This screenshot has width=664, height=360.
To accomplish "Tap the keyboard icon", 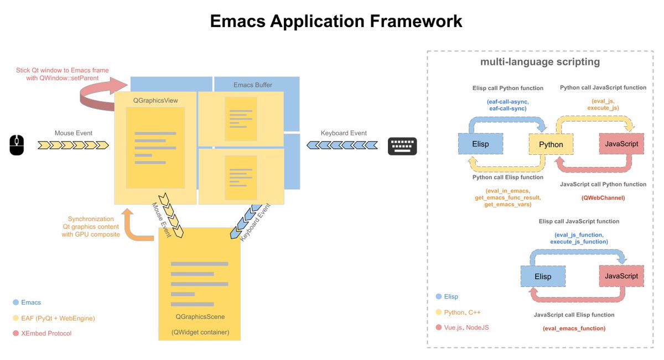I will [x=402, y=145].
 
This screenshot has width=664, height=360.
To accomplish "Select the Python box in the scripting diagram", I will [x=551, y=144].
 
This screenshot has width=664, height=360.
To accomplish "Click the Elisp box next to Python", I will [x=481, y=144].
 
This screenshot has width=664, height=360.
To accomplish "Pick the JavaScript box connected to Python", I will [x=621, y=144].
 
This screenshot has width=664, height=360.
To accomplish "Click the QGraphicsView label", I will [x=155, y=100].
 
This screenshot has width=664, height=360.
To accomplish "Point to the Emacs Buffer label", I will [x=253, y=85].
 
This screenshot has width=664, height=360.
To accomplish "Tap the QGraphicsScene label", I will [x=200, y=316].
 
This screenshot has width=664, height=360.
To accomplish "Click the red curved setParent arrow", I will [x=102, y=91].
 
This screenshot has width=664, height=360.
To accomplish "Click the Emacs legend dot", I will [x=15, y=302].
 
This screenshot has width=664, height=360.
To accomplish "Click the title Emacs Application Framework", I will [x=336, y=22].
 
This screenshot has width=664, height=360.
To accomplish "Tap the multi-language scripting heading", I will [x=540, y=62].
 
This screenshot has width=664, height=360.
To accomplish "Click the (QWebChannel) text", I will [x=603, y=197].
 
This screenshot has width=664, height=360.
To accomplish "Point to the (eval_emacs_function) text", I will [x=574, y=328].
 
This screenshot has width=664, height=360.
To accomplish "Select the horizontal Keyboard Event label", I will [x=344, y=133].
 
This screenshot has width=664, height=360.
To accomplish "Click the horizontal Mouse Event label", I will [x=73, y=133].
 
